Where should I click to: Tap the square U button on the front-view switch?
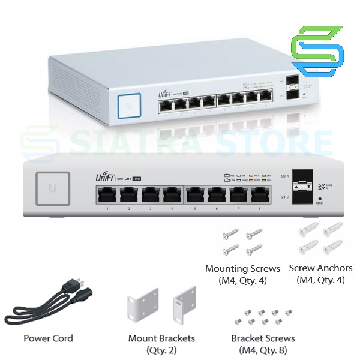53,188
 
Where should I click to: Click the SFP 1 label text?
284,176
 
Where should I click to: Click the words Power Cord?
48,338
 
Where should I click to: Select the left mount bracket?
142,307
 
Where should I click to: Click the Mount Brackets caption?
161,338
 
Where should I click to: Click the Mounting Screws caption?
242,268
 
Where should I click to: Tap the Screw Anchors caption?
320,268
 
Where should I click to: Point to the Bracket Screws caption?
263,338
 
